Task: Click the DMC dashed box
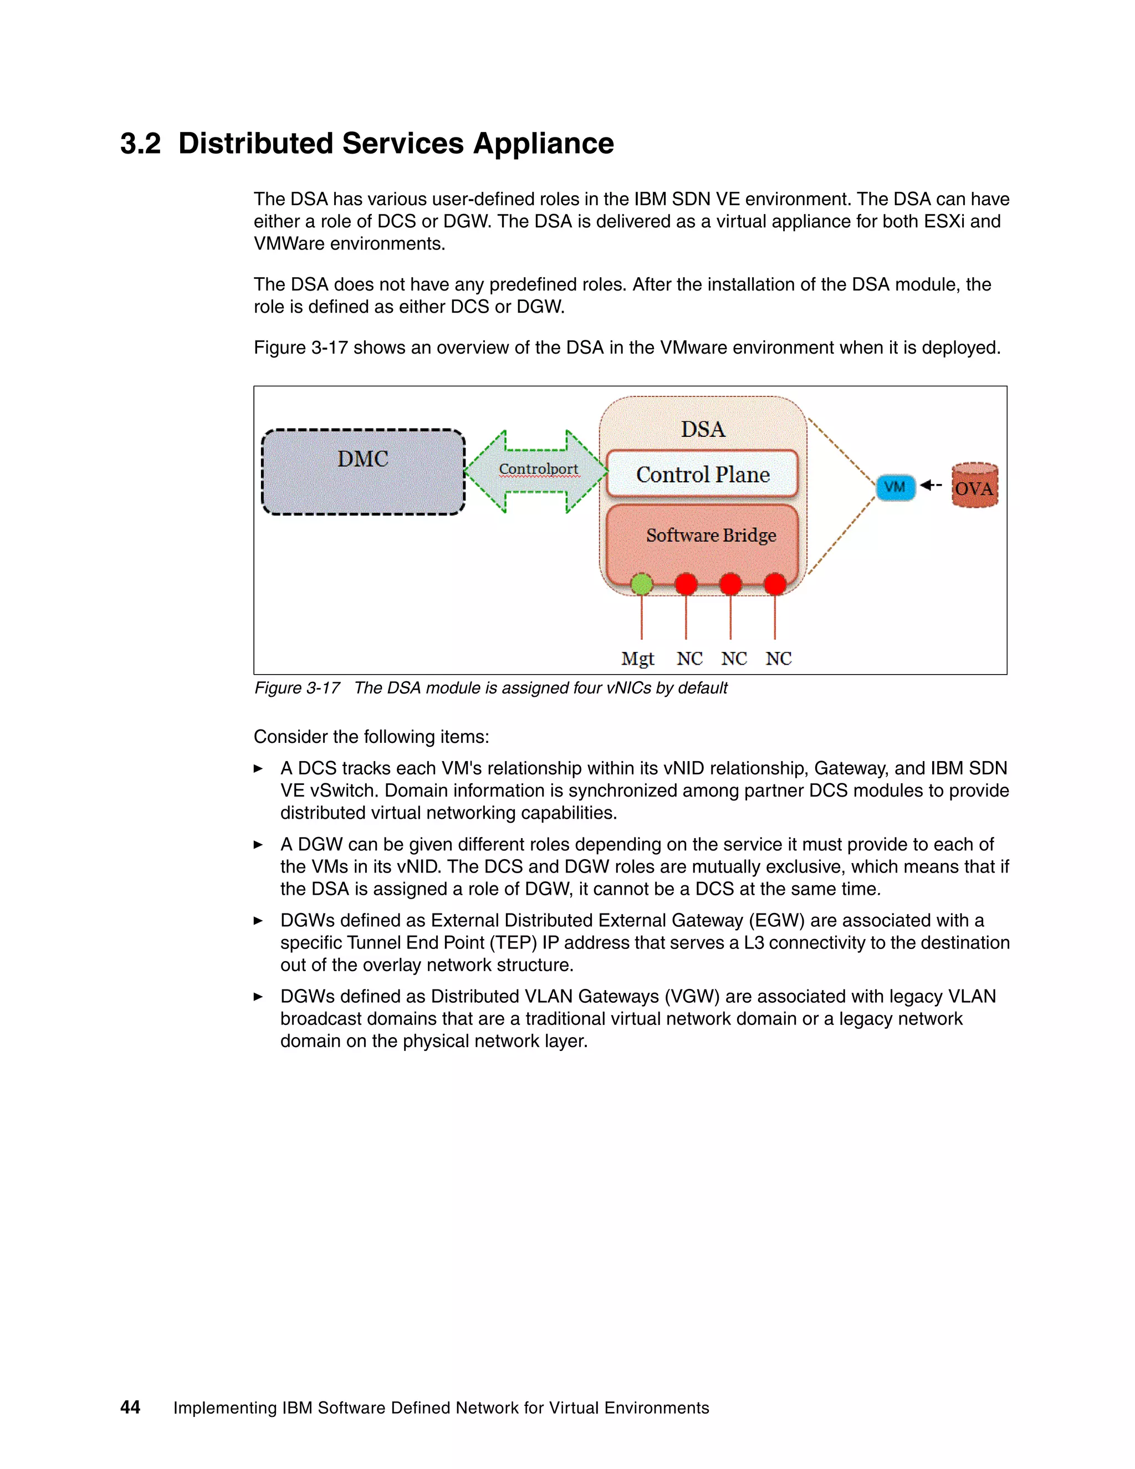363,472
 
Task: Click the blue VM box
895,487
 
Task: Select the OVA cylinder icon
974,486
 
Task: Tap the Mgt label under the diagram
637,659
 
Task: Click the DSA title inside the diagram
703,429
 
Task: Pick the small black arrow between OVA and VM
931,485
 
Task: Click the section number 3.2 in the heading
141,144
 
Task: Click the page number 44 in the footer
130,1407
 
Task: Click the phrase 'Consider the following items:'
371,737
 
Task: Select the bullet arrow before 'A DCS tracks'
258,769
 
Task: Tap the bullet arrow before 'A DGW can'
258,845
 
